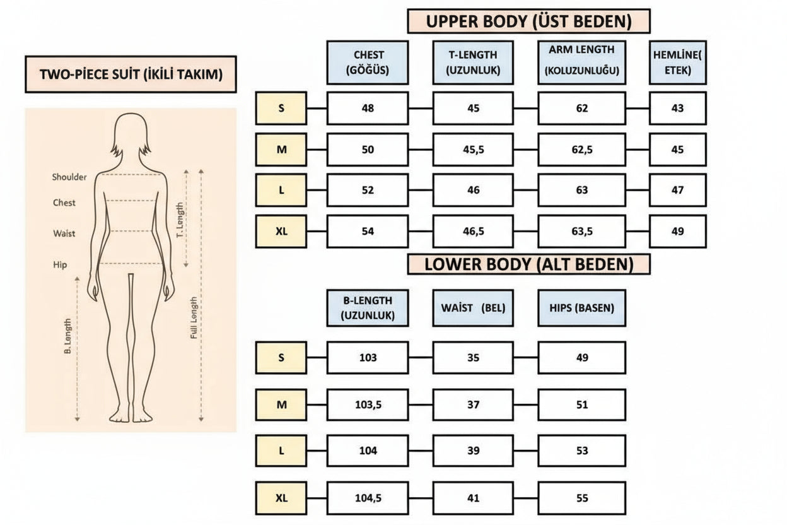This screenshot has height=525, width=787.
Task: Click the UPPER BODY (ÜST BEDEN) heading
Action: pos(528,21)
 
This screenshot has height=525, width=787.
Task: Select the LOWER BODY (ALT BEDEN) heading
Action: pos(528,264)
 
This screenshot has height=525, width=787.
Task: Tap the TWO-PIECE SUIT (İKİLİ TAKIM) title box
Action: pos(131,74)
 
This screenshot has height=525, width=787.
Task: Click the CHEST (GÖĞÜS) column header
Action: pos(368,62)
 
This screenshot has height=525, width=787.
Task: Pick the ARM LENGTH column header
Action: pos(581,62)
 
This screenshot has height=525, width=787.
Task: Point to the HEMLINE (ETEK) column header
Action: pos(677,62)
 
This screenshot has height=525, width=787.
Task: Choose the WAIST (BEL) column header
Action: pos(473,308)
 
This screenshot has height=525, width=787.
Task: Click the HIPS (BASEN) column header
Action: pos(581,308)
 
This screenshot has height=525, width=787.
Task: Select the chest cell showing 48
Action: pos(368,108)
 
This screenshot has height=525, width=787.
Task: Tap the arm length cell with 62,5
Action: pos(581,150)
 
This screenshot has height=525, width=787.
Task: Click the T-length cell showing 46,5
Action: pos(473,231)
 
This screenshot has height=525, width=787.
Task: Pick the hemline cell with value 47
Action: pos(677,190)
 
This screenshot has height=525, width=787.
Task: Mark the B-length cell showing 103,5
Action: pos(368,404)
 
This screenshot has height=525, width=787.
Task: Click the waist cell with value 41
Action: pos(473,498)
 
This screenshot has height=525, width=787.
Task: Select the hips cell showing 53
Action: pos(581,451)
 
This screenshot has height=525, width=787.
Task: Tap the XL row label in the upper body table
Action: pos(281,231)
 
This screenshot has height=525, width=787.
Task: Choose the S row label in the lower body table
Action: pos(281,358)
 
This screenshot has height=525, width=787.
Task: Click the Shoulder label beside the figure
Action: pos(69,177)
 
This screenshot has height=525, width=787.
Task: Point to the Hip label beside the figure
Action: pos(60,265)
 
